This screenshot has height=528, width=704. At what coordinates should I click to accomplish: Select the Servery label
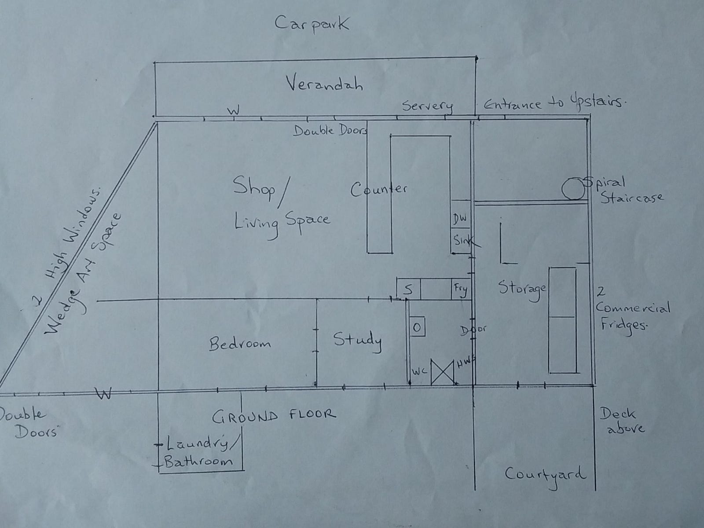pos(427,106)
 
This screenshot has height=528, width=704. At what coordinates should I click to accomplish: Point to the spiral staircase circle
pos(573,189)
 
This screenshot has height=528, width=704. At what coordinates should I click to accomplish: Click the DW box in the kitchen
pos(461,219)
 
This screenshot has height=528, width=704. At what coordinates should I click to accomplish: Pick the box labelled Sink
pos(461,240)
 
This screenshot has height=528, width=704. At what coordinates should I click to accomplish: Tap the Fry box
pos(461,289)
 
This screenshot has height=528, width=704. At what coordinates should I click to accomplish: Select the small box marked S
pos(408,289)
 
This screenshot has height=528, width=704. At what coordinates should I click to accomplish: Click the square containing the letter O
pos(417,326)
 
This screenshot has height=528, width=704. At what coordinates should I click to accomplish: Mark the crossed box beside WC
pos(442,372)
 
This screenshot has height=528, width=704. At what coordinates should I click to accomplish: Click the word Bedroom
pos(240,343)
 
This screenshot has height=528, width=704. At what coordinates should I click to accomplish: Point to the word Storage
pos(522,289)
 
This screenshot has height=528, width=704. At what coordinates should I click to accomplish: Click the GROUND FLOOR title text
pos(274,415)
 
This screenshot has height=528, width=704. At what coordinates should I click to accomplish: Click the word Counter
pos(379,189)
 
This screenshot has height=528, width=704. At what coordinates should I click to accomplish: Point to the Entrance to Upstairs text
pos(555,103)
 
